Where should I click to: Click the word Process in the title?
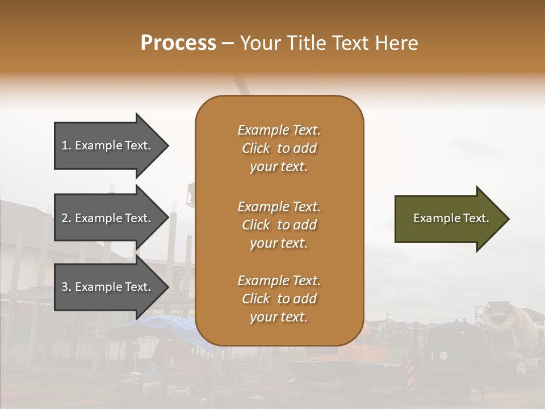pos(178,43)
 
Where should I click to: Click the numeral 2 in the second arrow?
pos(65,218)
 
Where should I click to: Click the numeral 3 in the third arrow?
pos(65,287)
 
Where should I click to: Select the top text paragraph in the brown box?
pos(279,148)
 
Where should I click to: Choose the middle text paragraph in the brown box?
pos(279,225)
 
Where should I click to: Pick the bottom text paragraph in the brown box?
pos(279,299)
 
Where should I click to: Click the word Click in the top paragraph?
pos(256,148)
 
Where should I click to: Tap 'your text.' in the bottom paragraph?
pos(279,317)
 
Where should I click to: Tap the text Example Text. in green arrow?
pos(451,218)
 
